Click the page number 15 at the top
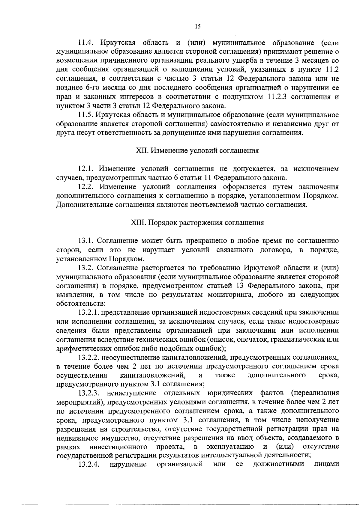[197, 26]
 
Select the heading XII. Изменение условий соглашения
[197, 151]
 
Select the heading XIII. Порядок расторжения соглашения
[197, 223]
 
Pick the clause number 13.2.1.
[89, 313]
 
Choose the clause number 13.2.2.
[89, 358]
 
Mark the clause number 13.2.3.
[89, 393]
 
